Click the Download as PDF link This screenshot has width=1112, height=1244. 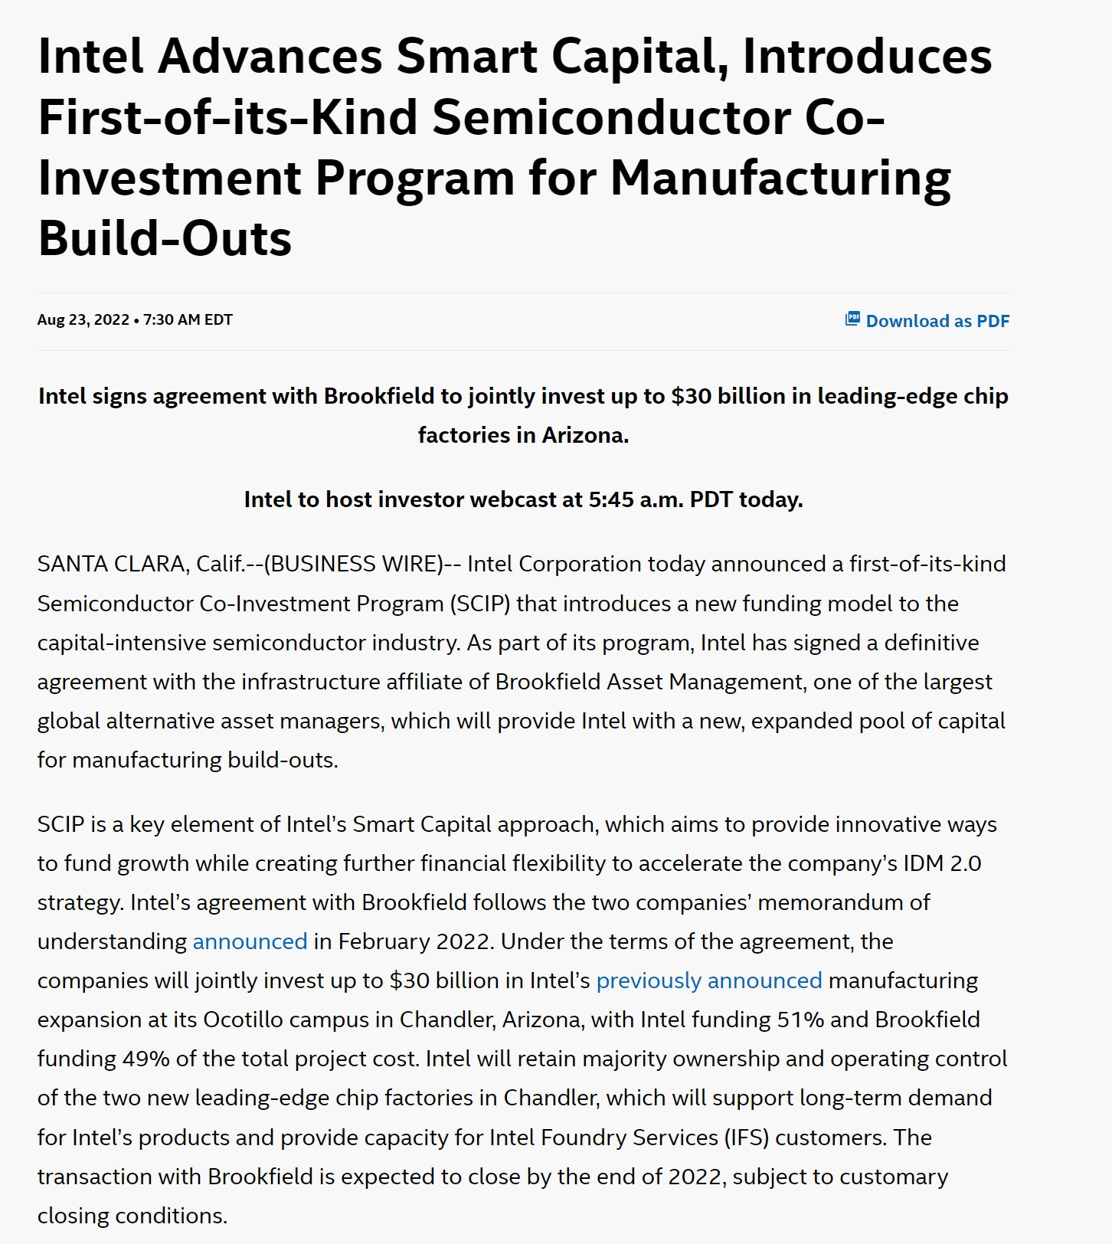pyautogui.click(x=937, y=321)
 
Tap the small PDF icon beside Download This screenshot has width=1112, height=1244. pyautogui.click(x=852, y=319)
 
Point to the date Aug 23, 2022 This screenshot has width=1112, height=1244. pyautogui.click(x=83, y=319)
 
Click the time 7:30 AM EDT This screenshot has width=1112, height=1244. pyautogui.click(x=188, y=319)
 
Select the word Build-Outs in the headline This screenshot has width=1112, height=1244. pyautogui.click(x=165, y=238)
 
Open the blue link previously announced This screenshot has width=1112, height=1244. pyautogui.click(x=708, y=980)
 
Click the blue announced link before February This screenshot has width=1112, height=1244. pyautogui.click(x=250, y=941)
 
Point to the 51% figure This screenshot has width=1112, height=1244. pyautogui.click(x=800, y=1020)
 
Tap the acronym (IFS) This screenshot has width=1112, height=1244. pyautogui.click(x=747, y=1138)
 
